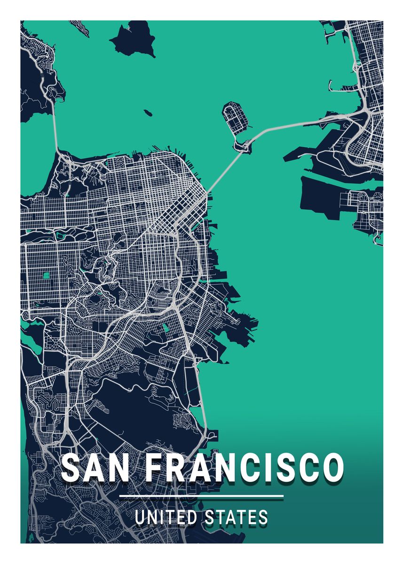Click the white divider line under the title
coord(201,496)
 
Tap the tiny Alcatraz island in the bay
coord(148,113)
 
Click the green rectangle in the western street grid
coord(47,275)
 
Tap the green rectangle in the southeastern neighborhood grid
coord(166,328)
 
